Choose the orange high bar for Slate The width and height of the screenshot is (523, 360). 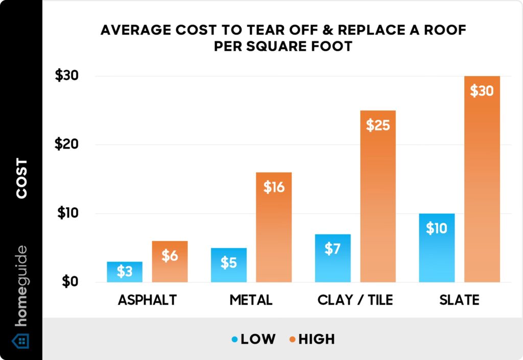[x=482, y=179]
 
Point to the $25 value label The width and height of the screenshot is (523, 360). [x=378, y=125]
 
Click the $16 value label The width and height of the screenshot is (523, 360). [x=274, y=187]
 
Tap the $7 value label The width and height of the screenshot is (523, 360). [x=332, y=249]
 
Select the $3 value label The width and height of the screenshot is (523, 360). [x=125, y=272]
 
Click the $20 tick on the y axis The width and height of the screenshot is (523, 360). [x=69, y=145]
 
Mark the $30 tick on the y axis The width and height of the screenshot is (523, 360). [x=69, y=76]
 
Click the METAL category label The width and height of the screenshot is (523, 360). [x=251, y=300]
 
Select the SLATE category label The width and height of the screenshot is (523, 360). [x=459, y=300]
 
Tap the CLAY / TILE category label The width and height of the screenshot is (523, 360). [x=355, y=300]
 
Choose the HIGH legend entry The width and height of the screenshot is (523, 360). [x=312, y=339]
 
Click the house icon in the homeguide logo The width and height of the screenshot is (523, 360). [x=21, y=340]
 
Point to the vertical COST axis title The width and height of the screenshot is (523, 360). [x=21, y=179]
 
